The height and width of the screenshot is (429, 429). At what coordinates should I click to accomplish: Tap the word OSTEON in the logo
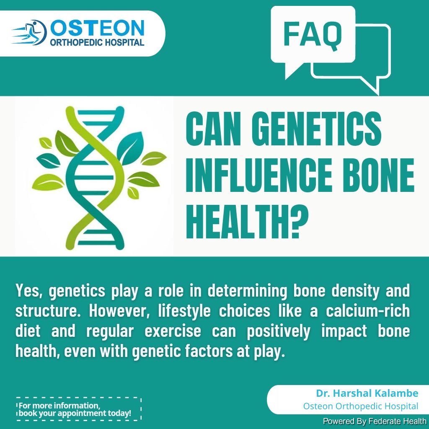(97, 28)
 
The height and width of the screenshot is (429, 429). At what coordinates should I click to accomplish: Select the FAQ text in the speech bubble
(313, 35)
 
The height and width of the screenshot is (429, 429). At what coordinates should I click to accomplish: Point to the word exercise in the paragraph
(173, 331)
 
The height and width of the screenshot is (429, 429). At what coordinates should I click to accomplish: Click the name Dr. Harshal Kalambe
(367, 393)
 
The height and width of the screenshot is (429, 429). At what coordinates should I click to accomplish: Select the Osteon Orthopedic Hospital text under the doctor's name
(361, 406)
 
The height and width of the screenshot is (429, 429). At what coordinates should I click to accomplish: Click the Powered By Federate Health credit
(375, 421)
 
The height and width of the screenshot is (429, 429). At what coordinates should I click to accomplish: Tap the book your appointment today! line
(75, 413)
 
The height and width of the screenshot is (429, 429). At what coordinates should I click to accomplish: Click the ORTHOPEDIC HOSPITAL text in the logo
(97, 42)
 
